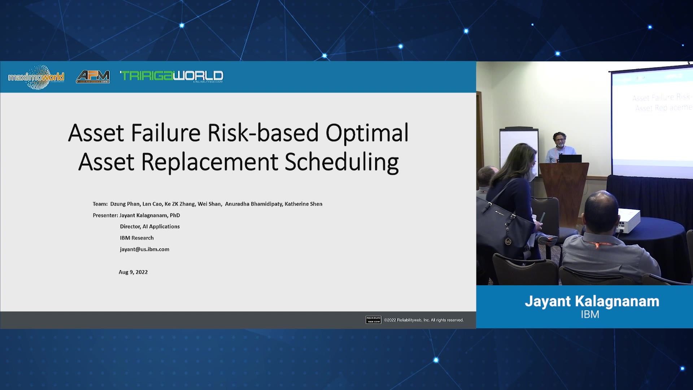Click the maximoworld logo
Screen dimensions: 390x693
click(x=36, y=77)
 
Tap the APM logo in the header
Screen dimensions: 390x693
click(x=93, y=76)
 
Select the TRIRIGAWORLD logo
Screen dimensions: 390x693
click(x=171, y=76)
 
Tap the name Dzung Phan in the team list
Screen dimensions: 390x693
click(x=125, y=204)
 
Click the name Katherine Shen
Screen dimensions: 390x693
click(x=303, y=204)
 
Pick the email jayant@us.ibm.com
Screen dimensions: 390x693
click(x=144, y=249)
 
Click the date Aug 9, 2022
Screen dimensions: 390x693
click(x=133, y=272)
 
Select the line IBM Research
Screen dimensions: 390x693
click(x=137, y=238)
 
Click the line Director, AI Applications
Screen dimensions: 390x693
click(x=150, y=226)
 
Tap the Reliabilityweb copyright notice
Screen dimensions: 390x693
click(x=423, y=320)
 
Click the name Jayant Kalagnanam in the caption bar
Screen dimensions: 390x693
click(x=592, y=301)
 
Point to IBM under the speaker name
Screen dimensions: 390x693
click(x=590, y=315)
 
